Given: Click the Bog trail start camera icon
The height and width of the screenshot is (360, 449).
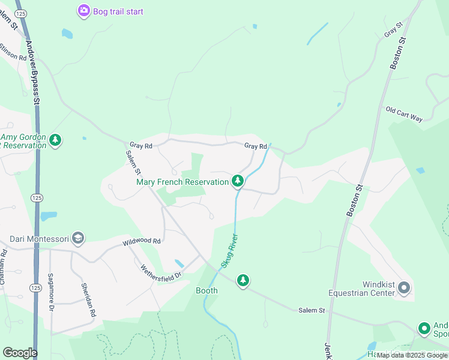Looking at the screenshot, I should click(x=83, y=11).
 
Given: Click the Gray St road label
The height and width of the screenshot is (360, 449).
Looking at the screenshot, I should click(x=393, y=29).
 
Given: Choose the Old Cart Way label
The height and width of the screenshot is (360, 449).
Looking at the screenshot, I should click(x=405, y=114).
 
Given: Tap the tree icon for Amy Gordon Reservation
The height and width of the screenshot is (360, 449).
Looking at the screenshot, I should click(x=56, y=140).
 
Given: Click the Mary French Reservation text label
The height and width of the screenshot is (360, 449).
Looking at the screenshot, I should click(x=182, y=182).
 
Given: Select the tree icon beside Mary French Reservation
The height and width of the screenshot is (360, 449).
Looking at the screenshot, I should click(x=238, y=181).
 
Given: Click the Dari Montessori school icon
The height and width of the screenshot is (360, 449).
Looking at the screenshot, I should click(x=77, y=239).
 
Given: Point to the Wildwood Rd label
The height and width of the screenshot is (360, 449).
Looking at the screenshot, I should click(x=142, y=241).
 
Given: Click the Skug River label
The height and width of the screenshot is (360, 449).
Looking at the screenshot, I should click(x=227, y=251).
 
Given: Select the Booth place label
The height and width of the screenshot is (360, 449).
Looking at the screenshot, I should click(x=206, y=290).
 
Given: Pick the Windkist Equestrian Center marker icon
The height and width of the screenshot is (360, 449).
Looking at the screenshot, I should click(x=404, y=289).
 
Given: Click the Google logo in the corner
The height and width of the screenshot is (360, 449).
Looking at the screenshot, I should click(x=20, y=352).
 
